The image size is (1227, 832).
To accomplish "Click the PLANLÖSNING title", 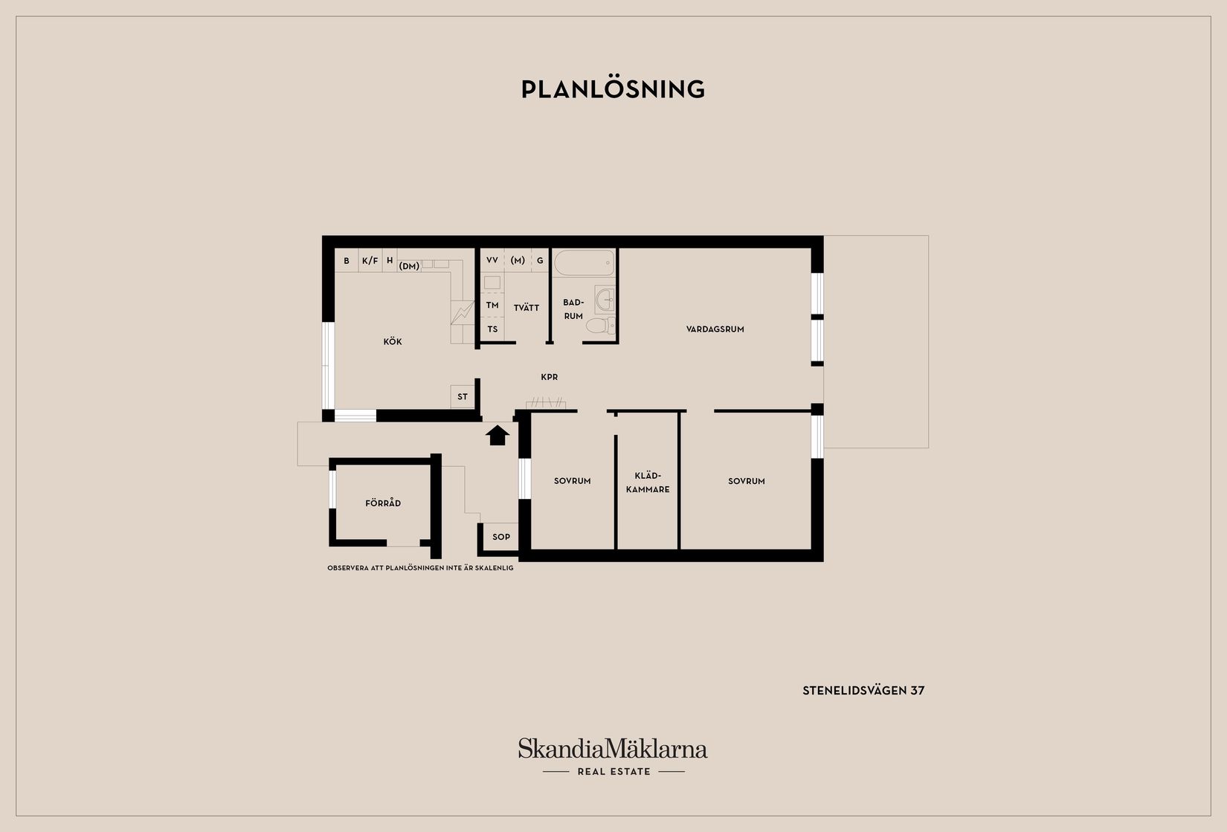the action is pos(613,89).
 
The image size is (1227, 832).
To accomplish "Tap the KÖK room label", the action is pos(392,341).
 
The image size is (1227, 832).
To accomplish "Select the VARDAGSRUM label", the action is pos(715,329).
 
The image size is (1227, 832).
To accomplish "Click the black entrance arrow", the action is pos(497,435).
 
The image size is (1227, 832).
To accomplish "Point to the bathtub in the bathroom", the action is pos(584,263).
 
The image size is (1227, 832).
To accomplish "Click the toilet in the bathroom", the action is pos(601,326).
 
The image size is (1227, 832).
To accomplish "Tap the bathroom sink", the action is pos(605,299).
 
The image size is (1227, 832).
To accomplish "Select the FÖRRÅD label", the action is pos(383,503).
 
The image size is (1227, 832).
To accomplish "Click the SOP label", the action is pos(501,537).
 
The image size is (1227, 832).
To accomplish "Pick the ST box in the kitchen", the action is pos(463,396).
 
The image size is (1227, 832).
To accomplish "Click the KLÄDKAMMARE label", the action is pos(648,483).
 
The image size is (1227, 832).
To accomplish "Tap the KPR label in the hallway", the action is pos(550,377).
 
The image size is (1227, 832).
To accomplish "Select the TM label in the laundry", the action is pos(492,305).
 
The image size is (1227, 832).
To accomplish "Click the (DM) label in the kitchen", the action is pos(409,266).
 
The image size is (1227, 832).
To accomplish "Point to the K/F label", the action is pos(370,261).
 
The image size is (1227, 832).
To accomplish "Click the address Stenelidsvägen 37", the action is pos(863,691).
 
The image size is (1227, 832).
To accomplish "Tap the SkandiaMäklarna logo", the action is pos(613,757).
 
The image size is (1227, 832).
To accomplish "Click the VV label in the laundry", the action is pos(492,260).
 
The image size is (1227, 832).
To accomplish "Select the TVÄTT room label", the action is pos(526,307).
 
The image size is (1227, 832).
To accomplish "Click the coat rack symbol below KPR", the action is pos(546,402).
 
